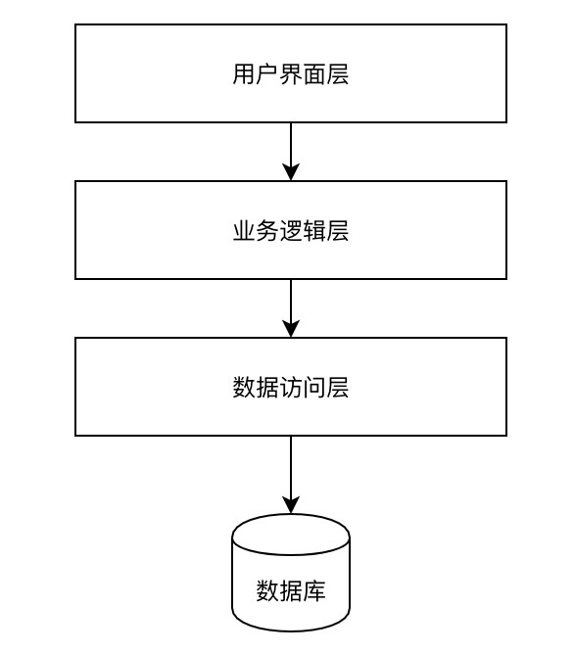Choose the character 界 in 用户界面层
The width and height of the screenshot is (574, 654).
click(291, 75)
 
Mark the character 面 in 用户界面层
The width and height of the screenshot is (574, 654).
click(314, 75)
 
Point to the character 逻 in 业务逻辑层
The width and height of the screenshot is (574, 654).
click(291, 232)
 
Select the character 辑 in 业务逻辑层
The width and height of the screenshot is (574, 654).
click(314, 232)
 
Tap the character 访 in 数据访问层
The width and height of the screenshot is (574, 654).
click(291, 389)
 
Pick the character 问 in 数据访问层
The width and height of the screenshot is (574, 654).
click(314, 389)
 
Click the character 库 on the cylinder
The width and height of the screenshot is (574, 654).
click(314, 591)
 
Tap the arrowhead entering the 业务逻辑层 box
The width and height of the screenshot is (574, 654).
click(291, 172)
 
